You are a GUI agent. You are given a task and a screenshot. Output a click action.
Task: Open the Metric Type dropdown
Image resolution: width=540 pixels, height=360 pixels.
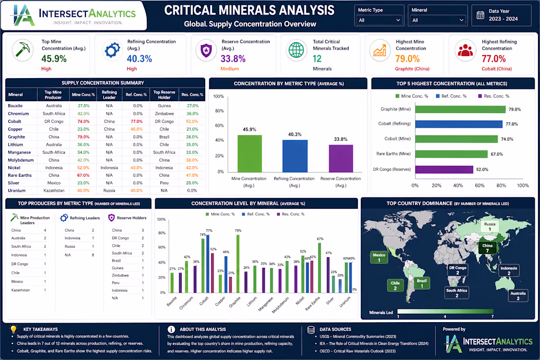click(x=380, y=20)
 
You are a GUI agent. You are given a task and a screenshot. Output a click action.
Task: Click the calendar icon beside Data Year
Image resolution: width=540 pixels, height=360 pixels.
click(x=480, y=15)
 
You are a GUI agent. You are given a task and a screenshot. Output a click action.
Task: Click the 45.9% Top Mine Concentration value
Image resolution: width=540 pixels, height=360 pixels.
click(x=54, y=58)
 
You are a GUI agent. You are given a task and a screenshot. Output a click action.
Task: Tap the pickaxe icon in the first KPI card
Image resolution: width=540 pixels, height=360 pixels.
click(x=23, y=49)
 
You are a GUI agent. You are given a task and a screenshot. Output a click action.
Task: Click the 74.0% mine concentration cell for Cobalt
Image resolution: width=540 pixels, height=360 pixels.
click(x=83, y=121)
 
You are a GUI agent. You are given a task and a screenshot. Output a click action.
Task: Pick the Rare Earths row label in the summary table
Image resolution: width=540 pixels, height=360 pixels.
click(x=20, y=175)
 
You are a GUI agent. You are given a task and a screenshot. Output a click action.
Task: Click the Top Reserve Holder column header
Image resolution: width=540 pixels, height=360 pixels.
click(x=164, y=94)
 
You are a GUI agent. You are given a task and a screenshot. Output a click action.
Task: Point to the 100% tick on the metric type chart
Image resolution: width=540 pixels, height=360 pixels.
click(x=218, y=97)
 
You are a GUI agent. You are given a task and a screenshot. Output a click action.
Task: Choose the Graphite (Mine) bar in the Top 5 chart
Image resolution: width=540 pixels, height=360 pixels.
click(x=460, y=110)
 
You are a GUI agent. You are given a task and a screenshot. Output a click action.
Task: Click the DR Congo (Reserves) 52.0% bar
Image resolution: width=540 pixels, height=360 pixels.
click(x=444, y=169)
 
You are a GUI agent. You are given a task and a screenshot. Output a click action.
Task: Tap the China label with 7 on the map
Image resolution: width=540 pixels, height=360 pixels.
click(x=487, y=249)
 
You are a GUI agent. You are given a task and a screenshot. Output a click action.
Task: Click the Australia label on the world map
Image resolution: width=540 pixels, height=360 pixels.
click(x=518, y=296)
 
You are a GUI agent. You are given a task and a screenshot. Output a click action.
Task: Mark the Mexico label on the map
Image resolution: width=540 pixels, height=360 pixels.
click(x=379, y=257)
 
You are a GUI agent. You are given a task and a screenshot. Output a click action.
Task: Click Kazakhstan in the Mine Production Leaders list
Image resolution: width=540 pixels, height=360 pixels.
click(x=21, y=290)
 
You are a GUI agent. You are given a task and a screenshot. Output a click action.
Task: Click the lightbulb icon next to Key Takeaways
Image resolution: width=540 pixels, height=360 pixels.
click(x=13, y=329)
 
